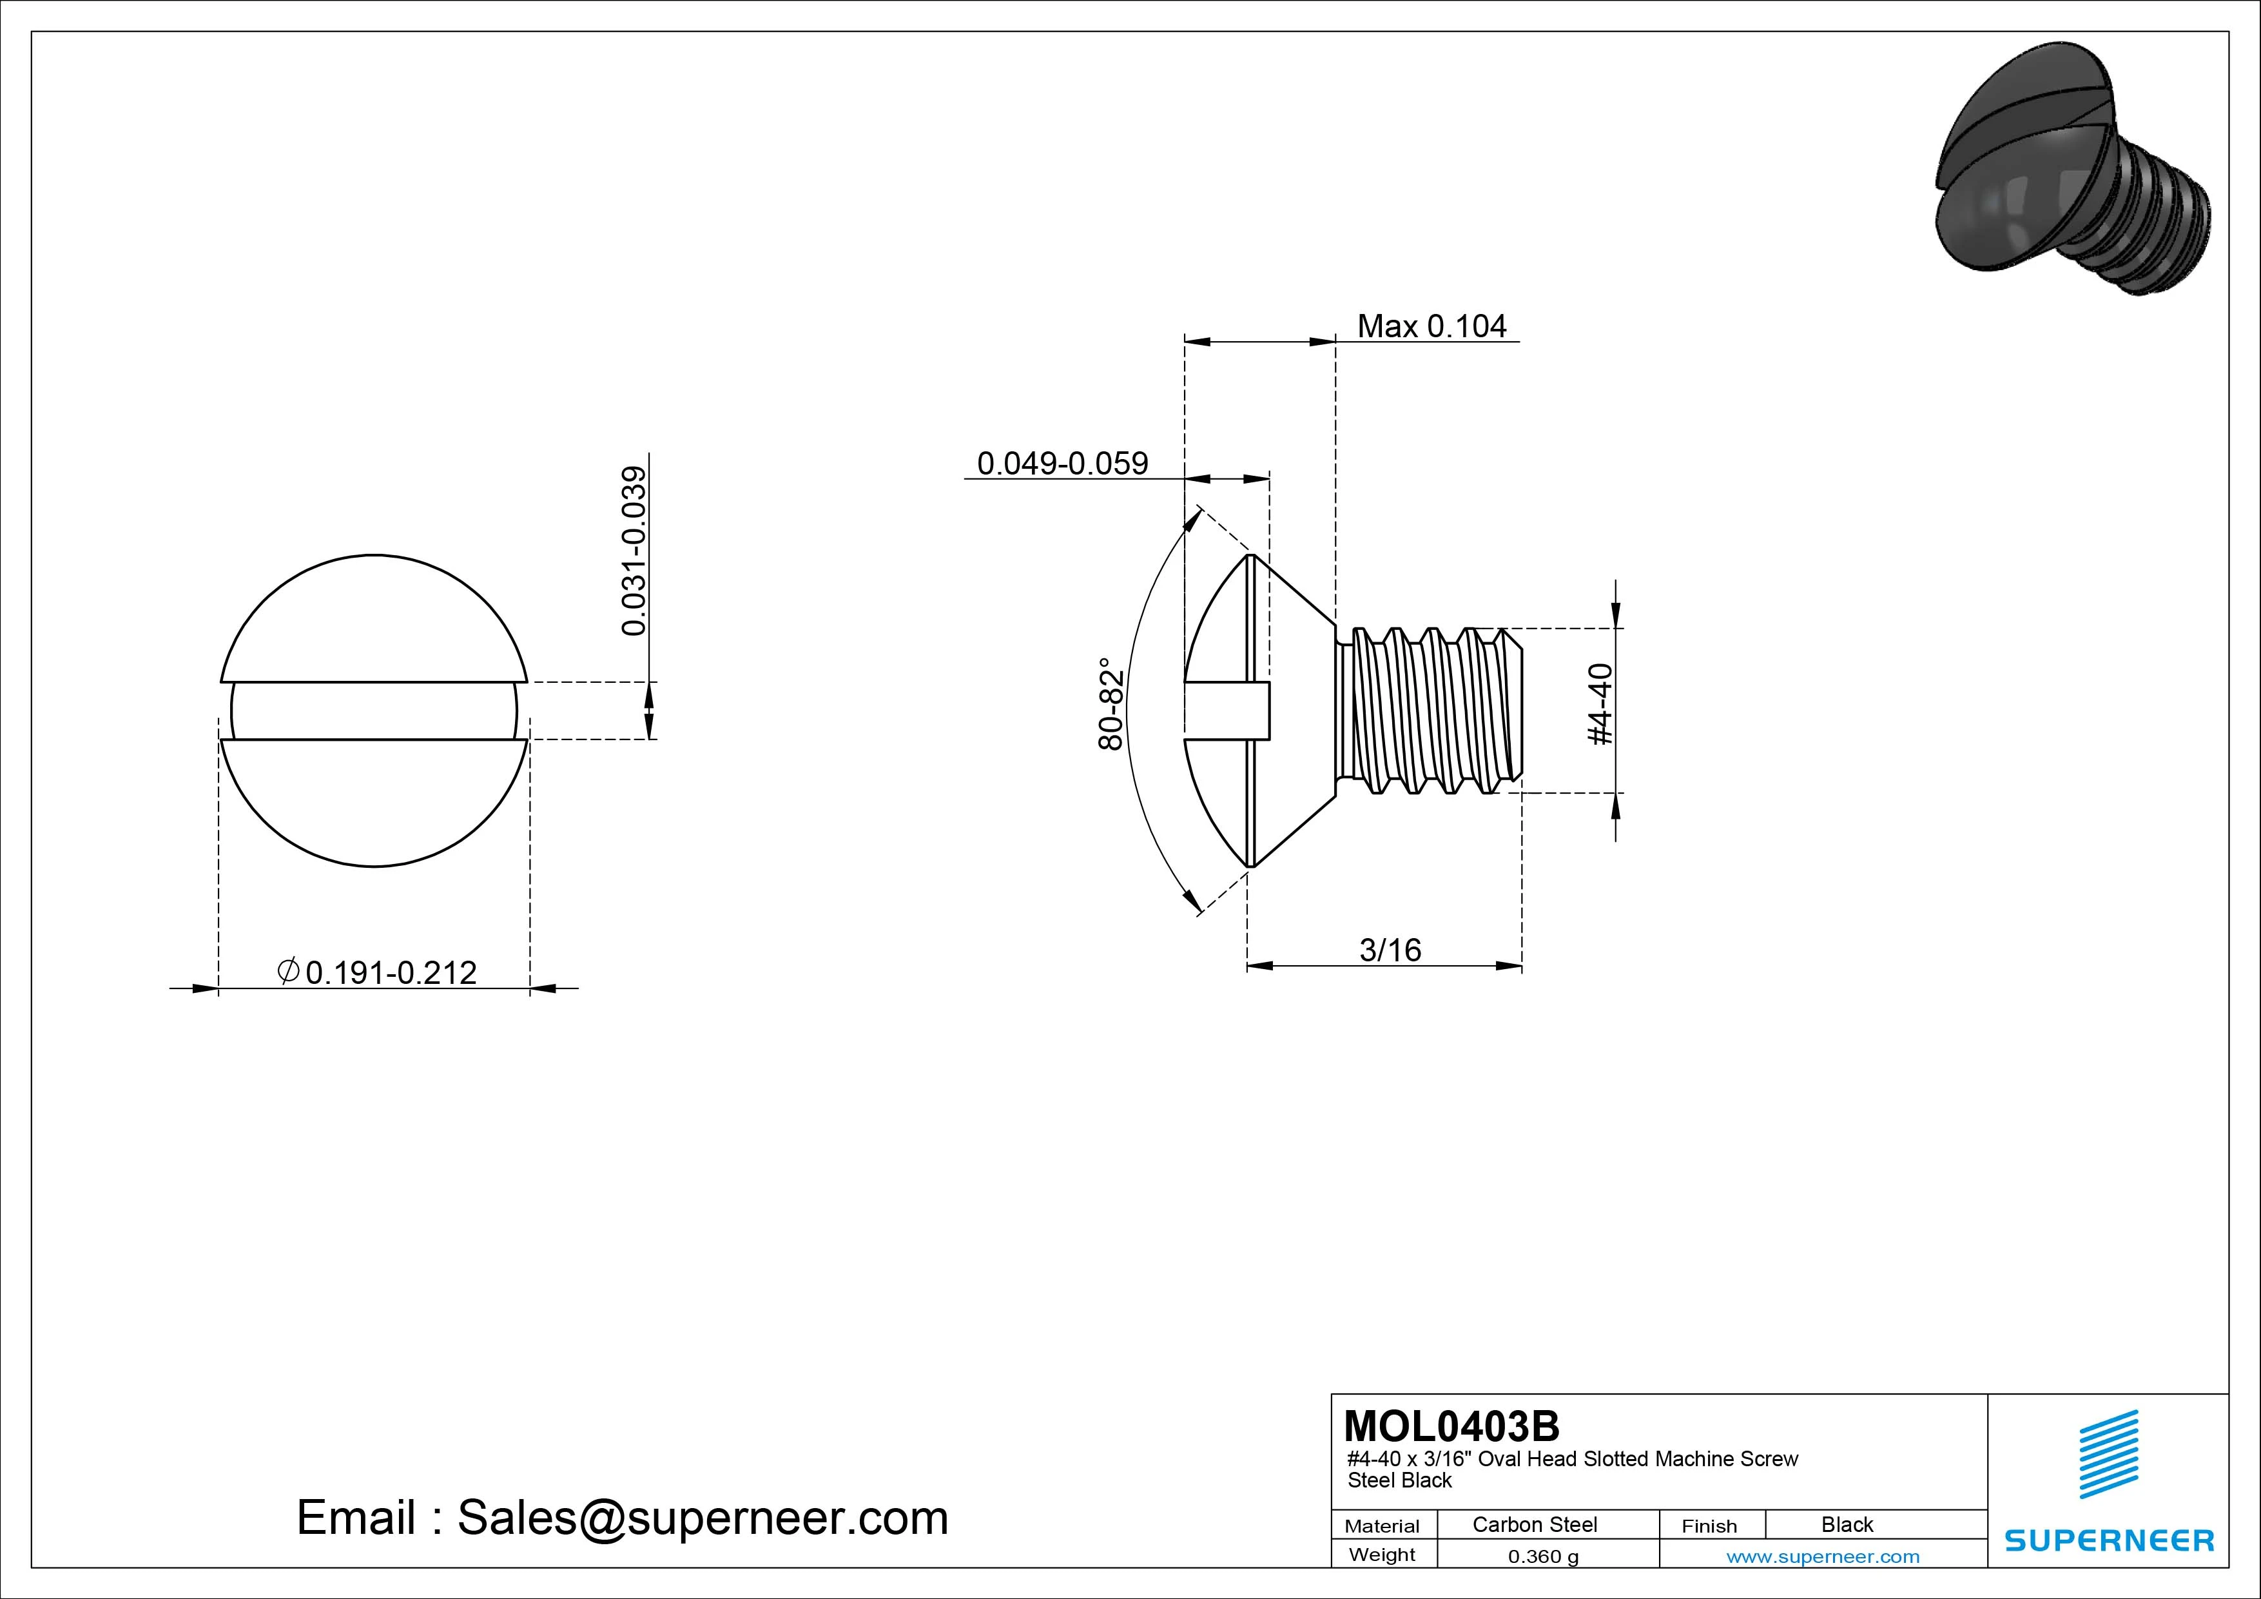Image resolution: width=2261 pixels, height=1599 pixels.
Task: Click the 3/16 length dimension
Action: click(x=1390, y=950)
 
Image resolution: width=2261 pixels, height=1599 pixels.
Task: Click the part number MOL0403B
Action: click(x=1451, y=1426)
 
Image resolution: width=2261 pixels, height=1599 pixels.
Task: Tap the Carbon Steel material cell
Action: click(x=1534, y=1524)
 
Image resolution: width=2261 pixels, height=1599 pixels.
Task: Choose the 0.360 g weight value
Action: click(x=1542, y=1556)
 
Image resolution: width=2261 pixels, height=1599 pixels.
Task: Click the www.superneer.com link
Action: click(x=1823, y=1556)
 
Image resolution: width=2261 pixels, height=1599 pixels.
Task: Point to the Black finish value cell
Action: click(x=1847, y=1524)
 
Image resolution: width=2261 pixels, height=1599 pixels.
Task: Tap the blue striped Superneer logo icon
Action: click(x=2108, y=1454)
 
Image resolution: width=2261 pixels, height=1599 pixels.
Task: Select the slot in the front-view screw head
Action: click(x=374, y=711)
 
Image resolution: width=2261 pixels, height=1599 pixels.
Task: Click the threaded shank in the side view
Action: click(x=1428, y=709)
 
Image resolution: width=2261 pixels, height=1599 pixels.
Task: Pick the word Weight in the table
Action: click(x=1382, y=1555)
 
